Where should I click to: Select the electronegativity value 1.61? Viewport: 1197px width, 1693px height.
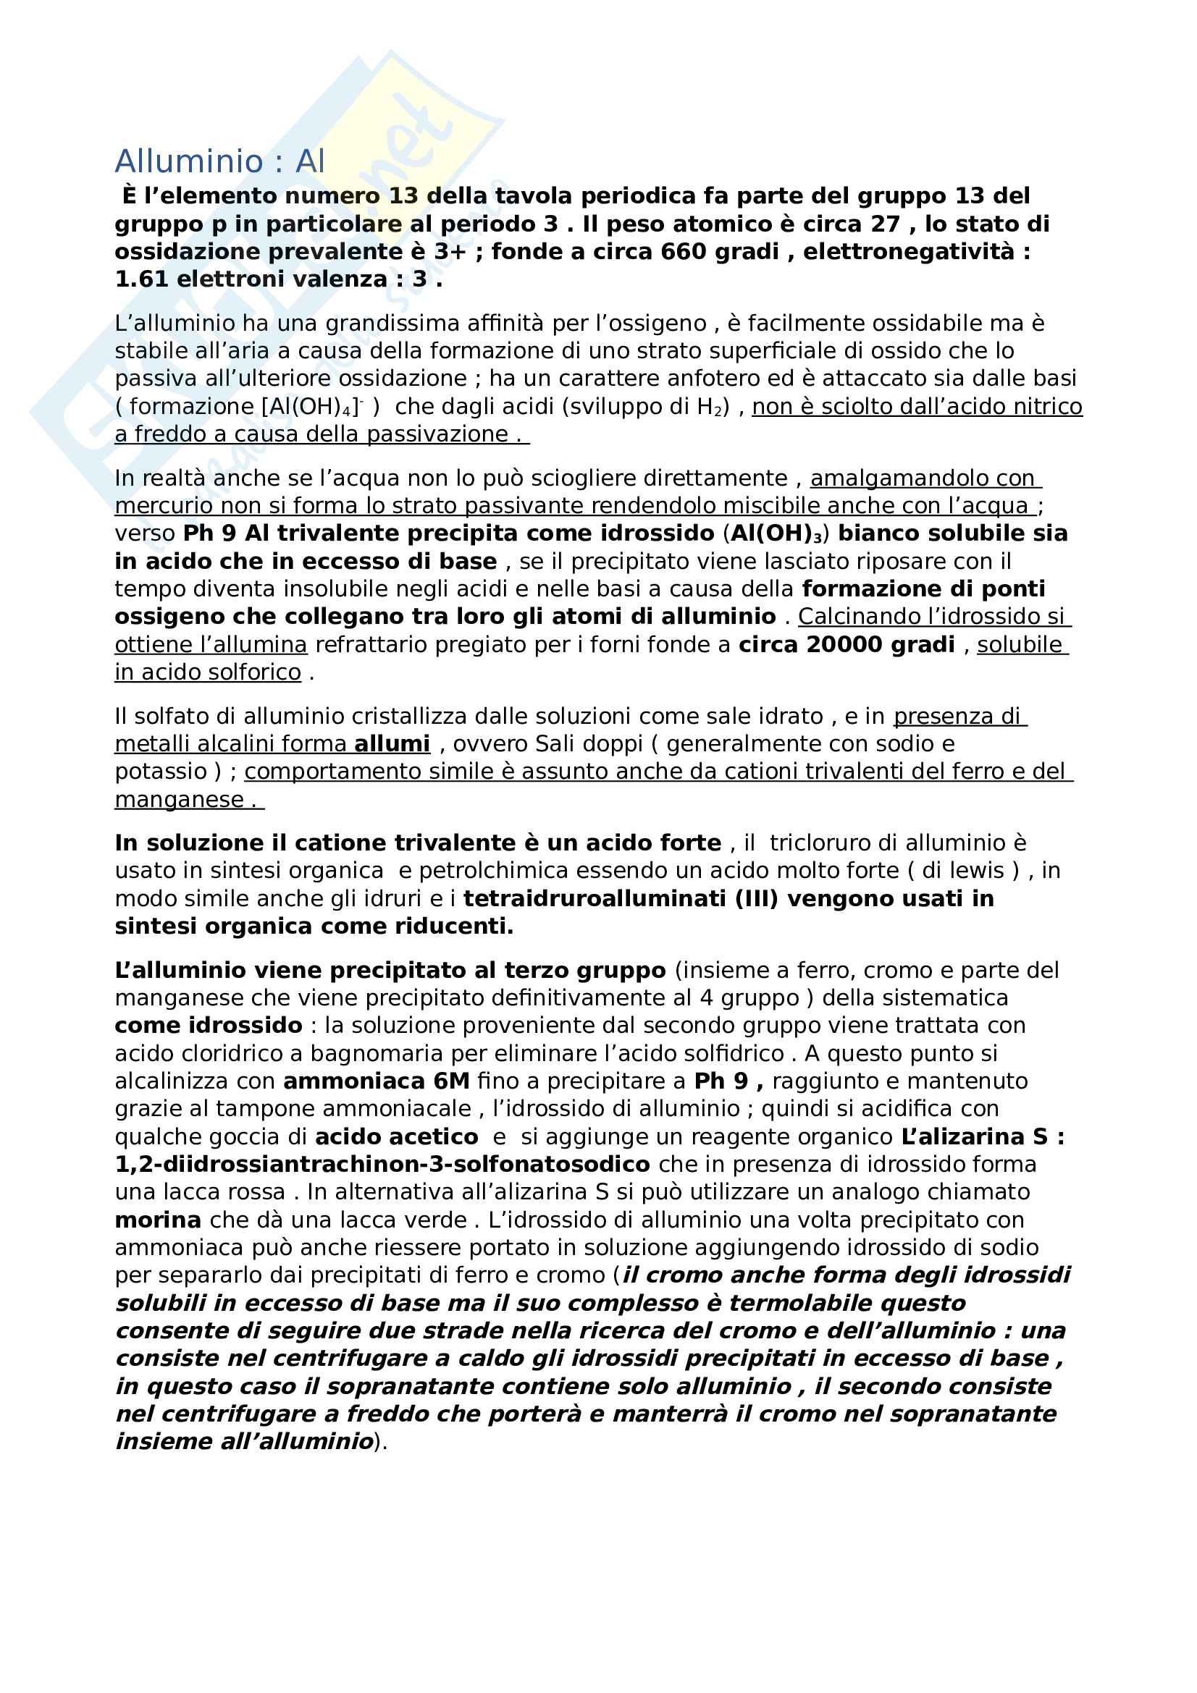tap(142, 279)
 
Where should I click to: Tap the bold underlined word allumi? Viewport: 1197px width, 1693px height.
tap(392, 744)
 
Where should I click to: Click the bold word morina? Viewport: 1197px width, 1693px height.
tap(158, 1220)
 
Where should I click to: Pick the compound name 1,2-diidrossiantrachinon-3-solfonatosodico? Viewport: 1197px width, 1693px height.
tap(382, 1165)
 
